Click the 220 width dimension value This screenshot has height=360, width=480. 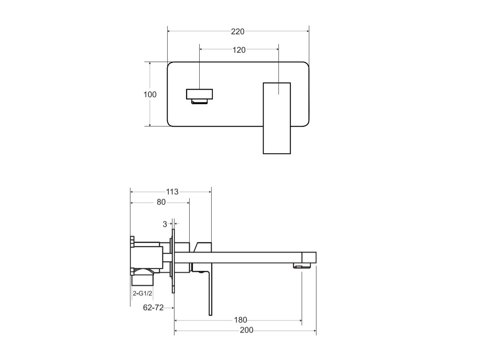click(x=238, y=32)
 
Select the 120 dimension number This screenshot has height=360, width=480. click(x=239, y=50)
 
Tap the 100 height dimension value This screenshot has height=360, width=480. click(x=150, y=95)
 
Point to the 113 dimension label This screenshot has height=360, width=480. click(x=172, y=192)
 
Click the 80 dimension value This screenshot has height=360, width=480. click(x=161, y=202)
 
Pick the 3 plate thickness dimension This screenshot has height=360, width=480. click(x=165, y=224)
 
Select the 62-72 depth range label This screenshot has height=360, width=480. click(x=154, y=308)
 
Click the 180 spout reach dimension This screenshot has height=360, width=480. click(x=240, y=320)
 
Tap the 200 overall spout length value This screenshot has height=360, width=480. click(x=246, y=330)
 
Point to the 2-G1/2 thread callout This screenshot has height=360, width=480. click(x=142, y=293)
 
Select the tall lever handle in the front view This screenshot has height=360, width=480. click(x=276, y=118)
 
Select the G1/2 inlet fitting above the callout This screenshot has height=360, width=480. click(x=143, y=277)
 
